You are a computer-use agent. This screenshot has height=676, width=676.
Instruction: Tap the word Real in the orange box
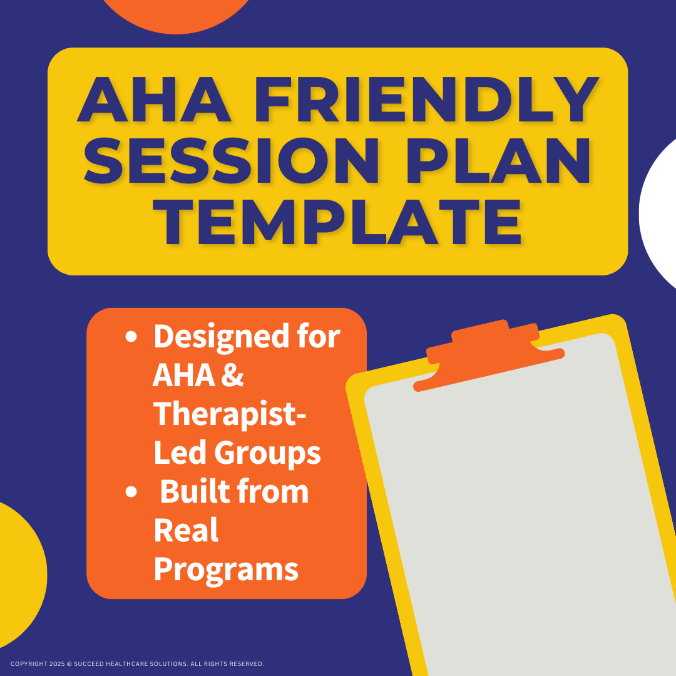(186, 530)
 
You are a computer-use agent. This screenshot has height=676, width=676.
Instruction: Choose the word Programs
(225, 568)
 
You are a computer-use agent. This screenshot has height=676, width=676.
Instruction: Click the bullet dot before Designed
(131, 337)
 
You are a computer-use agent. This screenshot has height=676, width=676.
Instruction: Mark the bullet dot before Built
(131, 492)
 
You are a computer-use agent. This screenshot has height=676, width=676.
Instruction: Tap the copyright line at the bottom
(137, 663)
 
